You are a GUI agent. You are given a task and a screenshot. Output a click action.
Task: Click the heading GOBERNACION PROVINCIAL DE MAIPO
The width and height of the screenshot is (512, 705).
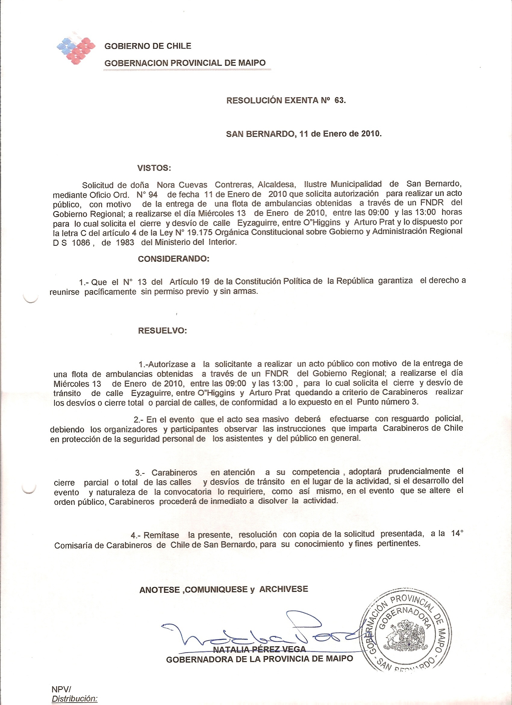coord(185,63)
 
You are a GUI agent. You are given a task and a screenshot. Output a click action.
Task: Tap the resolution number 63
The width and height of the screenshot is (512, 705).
coord(339,100)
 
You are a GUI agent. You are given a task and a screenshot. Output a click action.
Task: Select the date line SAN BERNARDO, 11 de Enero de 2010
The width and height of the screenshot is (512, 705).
coord(304,134)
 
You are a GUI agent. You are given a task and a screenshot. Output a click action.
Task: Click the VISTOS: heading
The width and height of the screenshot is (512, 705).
coord(154,169)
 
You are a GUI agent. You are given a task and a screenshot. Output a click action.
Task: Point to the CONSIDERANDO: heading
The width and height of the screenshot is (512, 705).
coord(173,259)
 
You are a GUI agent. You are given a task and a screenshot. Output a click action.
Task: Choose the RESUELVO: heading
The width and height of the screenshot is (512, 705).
coord(162,331)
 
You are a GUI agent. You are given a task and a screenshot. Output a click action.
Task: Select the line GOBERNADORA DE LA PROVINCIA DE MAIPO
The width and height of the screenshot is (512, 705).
coord(260,659)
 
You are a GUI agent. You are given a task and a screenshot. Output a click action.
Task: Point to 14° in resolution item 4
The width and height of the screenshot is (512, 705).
coord(457,533)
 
